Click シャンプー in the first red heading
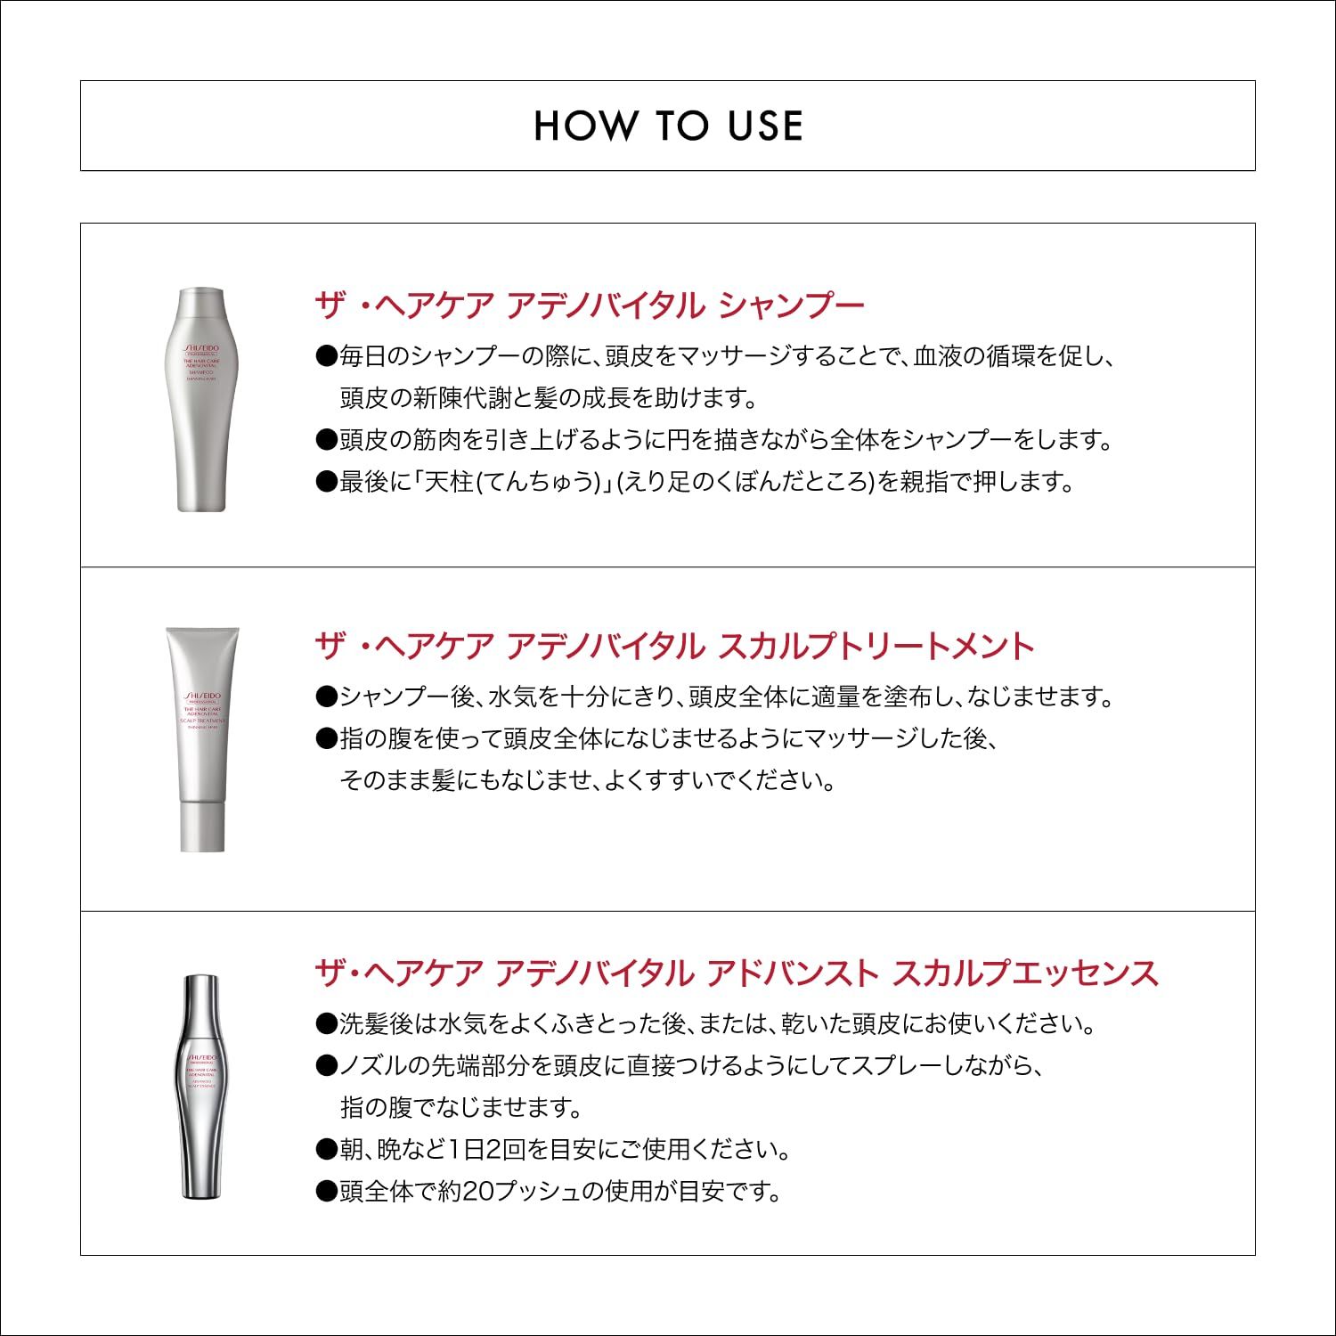click(791, 305)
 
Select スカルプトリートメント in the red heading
click(876, 646)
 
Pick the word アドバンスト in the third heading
click(792, 973)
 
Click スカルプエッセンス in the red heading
click(1025, 973)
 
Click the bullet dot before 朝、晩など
click(325, 1150)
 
